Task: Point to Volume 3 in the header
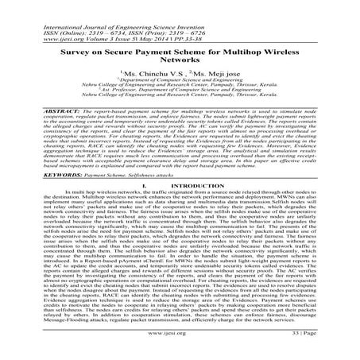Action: point(83,21)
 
